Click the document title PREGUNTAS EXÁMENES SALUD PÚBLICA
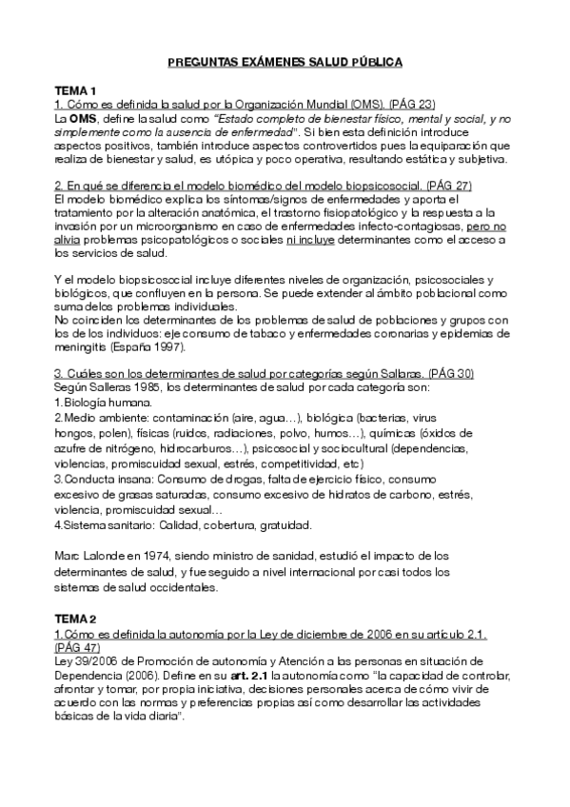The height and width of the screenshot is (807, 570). pos(285,62)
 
